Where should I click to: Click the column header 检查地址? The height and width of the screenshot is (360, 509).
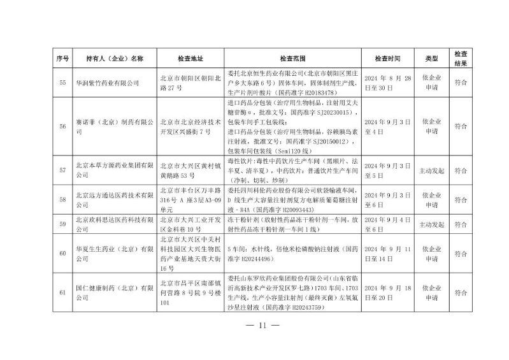click(x=190, y=58)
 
